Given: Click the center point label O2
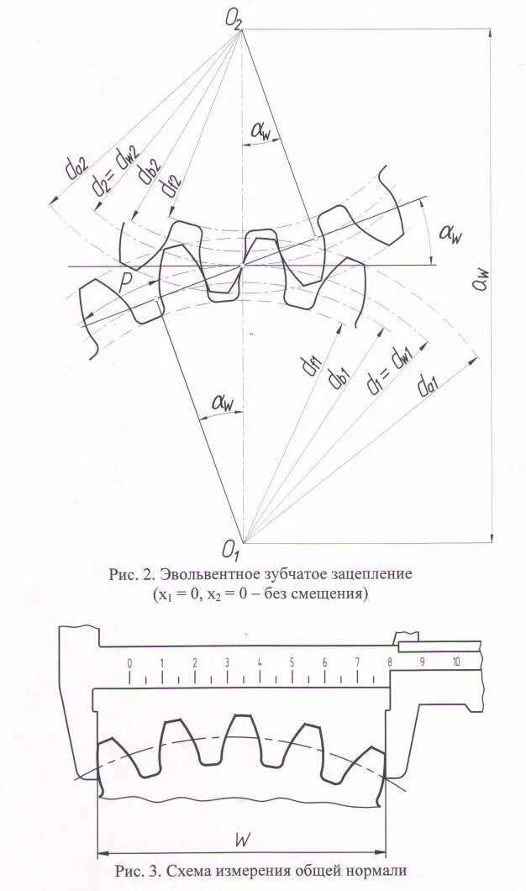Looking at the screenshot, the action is (x=233, y=18).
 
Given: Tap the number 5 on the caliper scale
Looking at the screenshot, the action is (x=292, y=662).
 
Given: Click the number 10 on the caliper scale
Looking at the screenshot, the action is (x=455, y=662).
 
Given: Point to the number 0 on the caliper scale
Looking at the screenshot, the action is (x=129, y=662).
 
